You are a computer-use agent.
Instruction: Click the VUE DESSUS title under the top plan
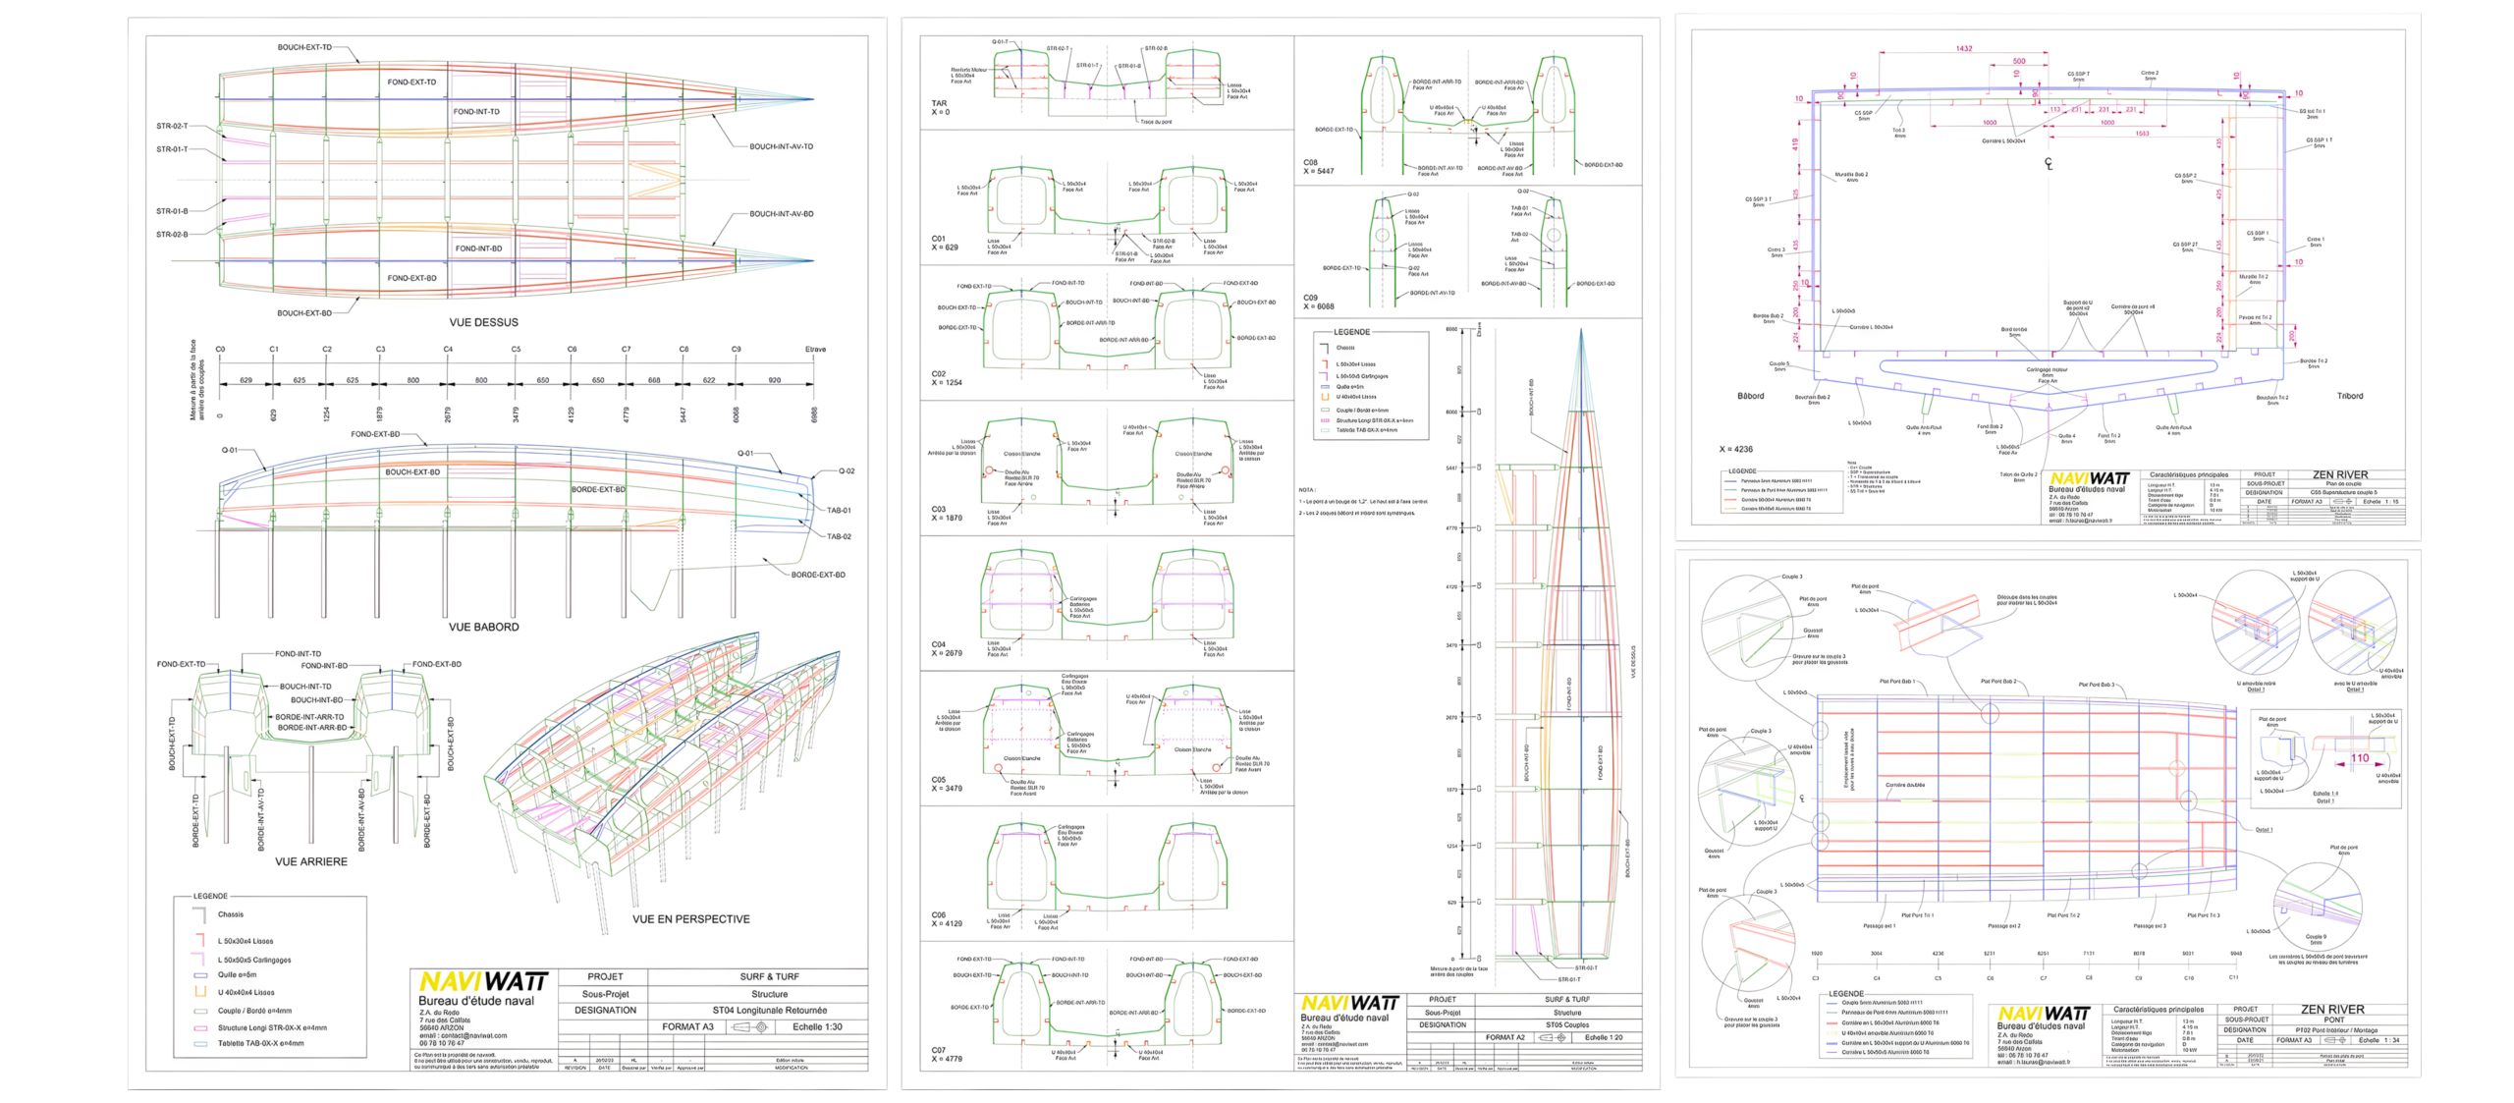pyautogui.click(x=483, y=322)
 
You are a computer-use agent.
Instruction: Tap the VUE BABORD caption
pyautogui.click(x=483, y=627)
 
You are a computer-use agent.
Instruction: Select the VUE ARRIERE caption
pyautogui.click(x=310, y=861)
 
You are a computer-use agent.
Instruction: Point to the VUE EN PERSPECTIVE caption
pyautogui.click(x=690, y=919)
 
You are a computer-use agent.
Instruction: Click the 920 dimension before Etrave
pyautogui.click(x=774, y=380)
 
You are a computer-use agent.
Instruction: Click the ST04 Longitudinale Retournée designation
pyautogui.click(x=769, y=1010)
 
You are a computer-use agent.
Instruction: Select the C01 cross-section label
pyautogui.click(x=938, y=239)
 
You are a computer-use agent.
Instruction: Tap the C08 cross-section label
pyautogui.click(x=1310, y=162)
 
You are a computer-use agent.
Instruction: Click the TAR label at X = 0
pyautogui.click(x=939, y=103)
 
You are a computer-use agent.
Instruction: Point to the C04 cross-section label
pyautogui.click(x=938, y=644)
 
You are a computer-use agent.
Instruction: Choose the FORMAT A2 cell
pyautogui.click(x=1504, y=1037)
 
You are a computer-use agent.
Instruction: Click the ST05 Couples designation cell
pyautogui.click(x=1567, y=1024)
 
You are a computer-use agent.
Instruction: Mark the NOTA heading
pyautogui.click(x=1306, y=490)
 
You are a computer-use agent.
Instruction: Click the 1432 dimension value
pyautogui.click(x=1963, y=48)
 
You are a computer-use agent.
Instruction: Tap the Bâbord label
pyautogui.click(x=1750, y=396)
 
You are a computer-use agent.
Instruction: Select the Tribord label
pyautogui.click(x=2350, y=396)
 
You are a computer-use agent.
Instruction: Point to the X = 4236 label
pyautogui.click(x=1735, y=449)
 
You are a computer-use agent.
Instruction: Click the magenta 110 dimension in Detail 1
pyautogui.click(x=2359, y=757)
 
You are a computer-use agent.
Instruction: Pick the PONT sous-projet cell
pyautogui.click(x=2333, y=1020)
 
